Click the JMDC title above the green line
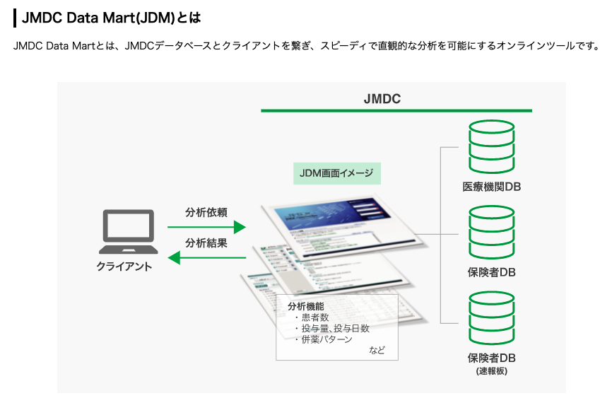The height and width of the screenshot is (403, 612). [382, 99]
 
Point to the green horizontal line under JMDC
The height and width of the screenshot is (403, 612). [396, 110]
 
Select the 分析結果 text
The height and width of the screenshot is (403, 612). [206, 243]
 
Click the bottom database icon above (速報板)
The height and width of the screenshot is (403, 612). [492, 317]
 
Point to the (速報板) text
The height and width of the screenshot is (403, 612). [492, 370]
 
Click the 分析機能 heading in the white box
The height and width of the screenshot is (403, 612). [306, 306]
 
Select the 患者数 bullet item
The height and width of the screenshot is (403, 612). [315, 317]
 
